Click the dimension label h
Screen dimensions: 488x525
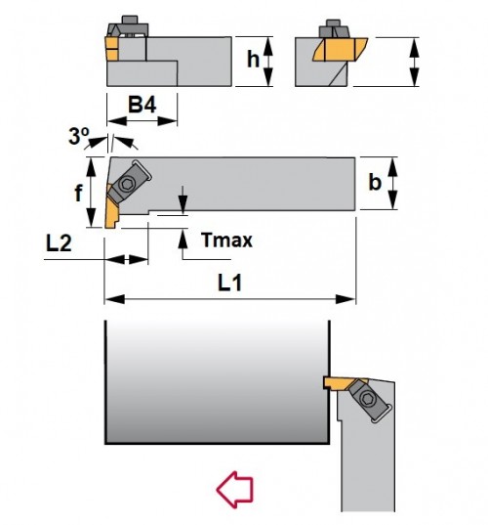(253, 59)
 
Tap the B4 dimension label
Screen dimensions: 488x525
(142, 105)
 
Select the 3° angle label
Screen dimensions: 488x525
(79, 136)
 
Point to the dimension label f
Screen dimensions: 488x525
(78, 193)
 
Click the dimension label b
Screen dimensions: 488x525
(375, 182)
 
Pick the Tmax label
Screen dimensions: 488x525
(226, 241)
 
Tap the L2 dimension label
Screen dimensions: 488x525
(59, 243)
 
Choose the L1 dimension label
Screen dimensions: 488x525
(230, 283)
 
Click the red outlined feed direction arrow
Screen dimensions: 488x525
(234, 490)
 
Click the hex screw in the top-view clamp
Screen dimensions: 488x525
(127, 184)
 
